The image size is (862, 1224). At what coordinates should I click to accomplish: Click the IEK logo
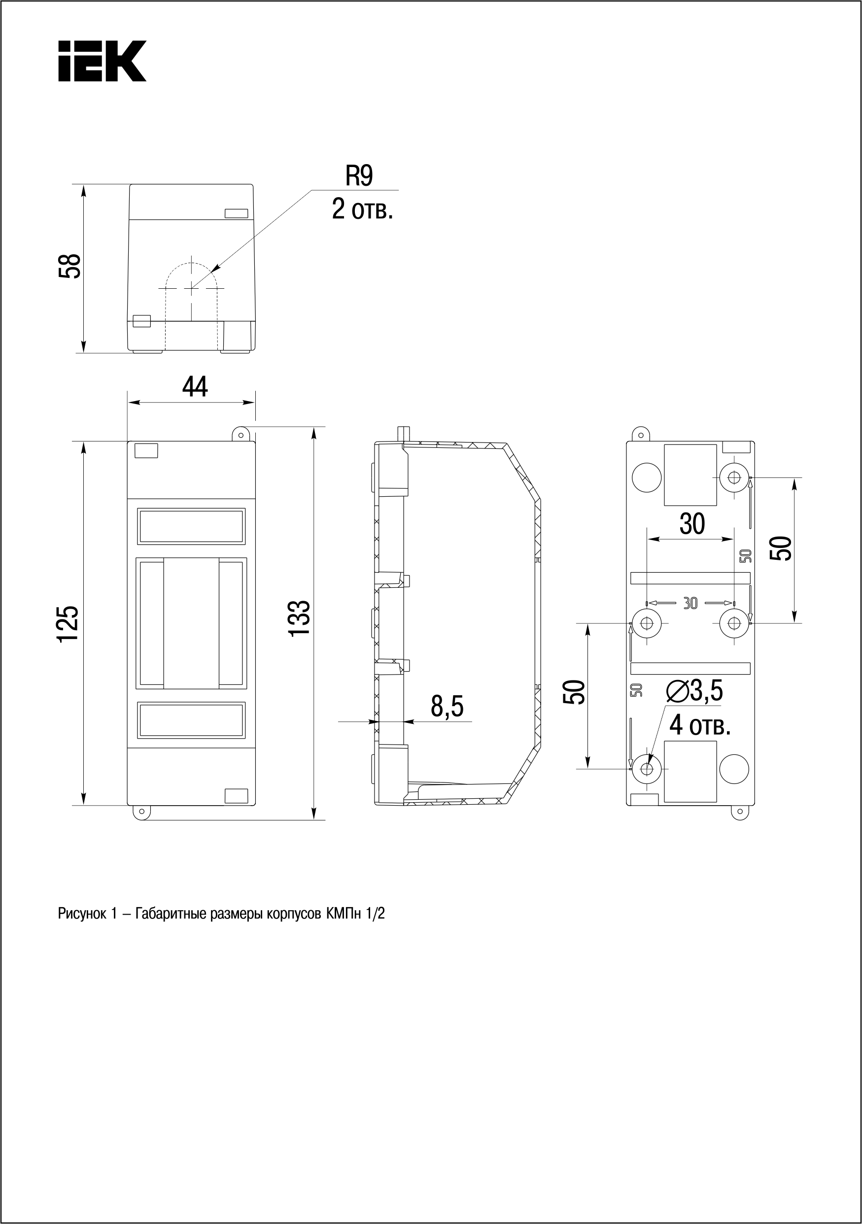(x=102, y=61)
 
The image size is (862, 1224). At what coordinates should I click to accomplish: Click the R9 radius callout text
(x=359, y=176)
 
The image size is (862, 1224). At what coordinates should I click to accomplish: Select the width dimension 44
(x=195, y=386)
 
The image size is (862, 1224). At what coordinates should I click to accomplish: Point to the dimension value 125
(x=69, y=624)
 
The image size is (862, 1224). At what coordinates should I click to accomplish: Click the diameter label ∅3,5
(x=694, y=691)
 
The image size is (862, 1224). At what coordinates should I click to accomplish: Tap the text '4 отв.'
(x=699, y=725)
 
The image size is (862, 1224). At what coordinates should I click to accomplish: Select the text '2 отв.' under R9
(x=363, y=209)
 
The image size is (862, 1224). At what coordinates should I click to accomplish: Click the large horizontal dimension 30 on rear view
(x=692, y=524)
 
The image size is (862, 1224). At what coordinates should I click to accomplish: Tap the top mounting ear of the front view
(x=241, y=435)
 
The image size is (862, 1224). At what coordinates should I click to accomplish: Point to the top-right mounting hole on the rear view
(x=734, y=477)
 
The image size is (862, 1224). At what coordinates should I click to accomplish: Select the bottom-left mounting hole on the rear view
(x=647, y=769)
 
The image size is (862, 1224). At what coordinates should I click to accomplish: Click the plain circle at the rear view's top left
(x=647, y=477)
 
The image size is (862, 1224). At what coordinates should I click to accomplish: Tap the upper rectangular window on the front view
(x=191, y=526)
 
